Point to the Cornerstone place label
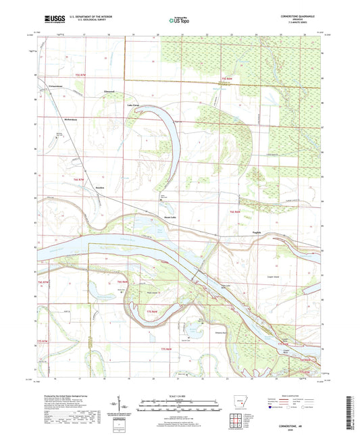click(x=56, y=86)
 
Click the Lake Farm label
click(x=133, y=105)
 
